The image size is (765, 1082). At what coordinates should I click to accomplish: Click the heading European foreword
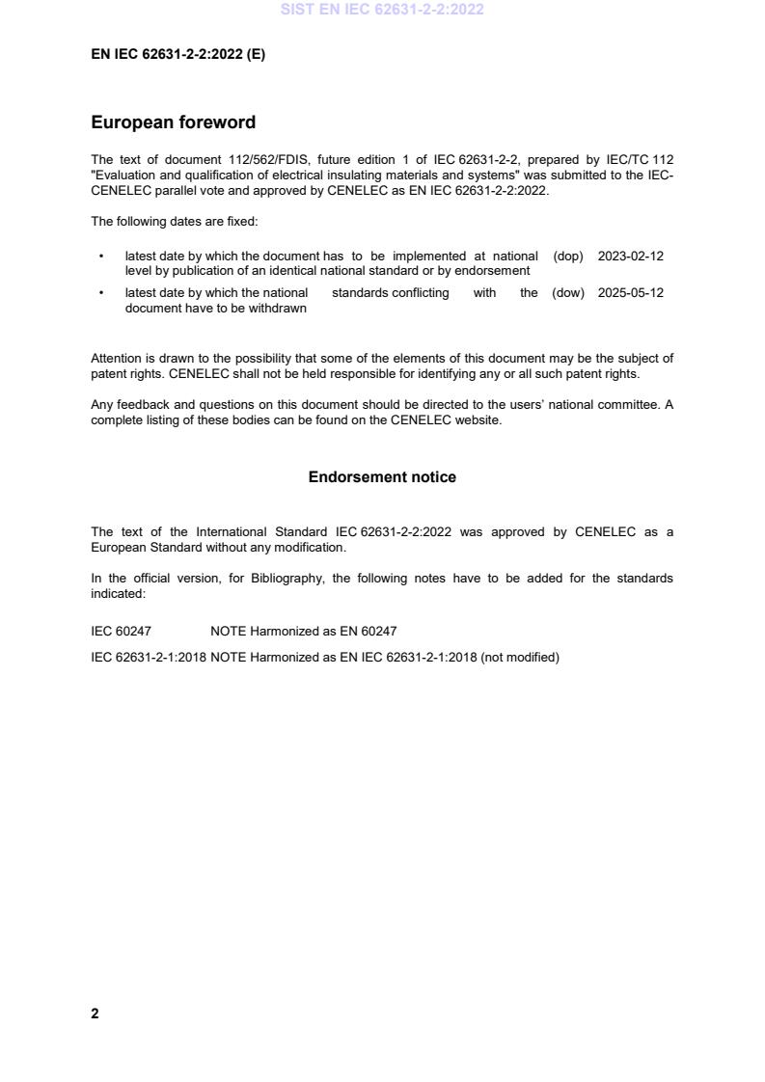(173, 122)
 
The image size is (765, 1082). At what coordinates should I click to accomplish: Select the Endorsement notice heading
(382, 477)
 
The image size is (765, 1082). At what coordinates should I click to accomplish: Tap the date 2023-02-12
(631, 257)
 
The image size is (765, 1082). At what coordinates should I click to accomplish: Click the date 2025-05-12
(631, 293)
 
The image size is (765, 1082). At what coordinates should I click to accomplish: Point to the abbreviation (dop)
(568, 257)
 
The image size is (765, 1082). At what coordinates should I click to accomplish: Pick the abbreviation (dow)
(568, 293)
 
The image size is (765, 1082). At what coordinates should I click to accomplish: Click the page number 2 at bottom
(95, 1014)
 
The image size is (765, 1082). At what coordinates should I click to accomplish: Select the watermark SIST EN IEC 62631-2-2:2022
(382, 10)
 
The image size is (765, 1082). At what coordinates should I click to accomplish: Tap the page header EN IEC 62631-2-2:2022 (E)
(178, 55)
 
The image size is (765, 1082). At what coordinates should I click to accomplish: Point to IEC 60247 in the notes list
(121, 632)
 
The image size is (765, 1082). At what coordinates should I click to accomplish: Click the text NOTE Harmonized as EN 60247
(303, 632)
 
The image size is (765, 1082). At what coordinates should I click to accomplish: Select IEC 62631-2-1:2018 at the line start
(149, 658)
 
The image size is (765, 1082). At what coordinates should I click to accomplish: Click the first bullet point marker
(101, 257)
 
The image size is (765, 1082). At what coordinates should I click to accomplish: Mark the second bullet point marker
(101, 293)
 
